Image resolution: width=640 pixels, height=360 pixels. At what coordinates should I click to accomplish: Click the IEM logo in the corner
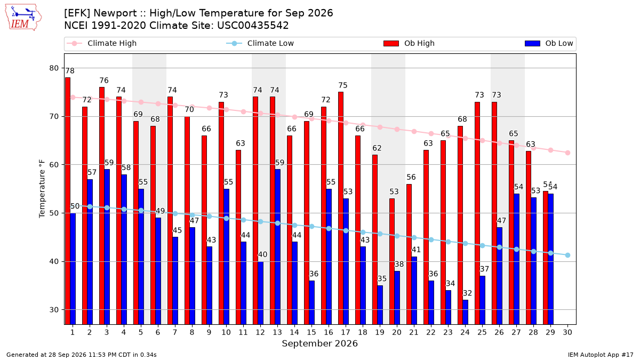pos(23,18)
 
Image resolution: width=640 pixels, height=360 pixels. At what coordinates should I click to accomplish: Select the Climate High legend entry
pos(101,43)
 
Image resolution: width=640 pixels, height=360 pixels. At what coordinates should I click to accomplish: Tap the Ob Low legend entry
pos(549,43)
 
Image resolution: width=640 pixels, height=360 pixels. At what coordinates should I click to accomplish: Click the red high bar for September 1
pos(68,201)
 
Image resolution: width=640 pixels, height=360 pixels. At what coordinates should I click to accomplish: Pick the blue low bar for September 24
pos(466,312)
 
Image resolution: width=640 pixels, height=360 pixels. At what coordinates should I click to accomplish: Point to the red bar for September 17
pos(341,208)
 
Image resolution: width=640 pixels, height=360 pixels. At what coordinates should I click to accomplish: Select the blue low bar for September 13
pos(277,247)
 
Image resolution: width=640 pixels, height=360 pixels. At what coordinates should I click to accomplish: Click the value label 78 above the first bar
pos(70,71)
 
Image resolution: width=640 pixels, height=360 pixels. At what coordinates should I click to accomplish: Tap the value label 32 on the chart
pos(467,293)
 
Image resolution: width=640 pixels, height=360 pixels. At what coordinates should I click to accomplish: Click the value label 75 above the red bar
pos(343,85)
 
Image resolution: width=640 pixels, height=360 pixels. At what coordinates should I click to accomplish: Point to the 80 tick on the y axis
pos(54,68)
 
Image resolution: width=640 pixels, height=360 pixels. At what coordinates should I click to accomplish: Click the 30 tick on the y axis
pos(54,310)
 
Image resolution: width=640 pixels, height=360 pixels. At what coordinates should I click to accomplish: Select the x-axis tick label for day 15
pos(311,332)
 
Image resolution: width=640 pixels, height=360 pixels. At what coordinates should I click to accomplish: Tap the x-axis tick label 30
pos(567,332)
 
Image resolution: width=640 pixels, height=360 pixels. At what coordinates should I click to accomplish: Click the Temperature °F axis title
pos(42,189)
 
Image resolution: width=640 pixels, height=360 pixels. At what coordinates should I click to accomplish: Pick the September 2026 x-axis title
pos(319,343)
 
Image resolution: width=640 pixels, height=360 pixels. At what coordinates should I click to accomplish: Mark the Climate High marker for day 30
pos(567,153)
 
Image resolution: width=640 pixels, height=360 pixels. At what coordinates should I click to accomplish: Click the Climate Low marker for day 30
pos(567,255)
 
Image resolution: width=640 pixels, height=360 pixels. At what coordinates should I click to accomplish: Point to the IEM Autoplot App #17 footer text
pos(601,355)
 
